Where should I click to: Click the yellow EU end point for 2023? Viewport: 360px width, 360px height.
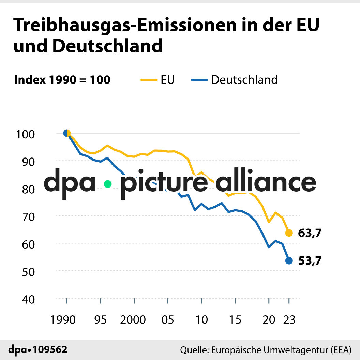coord(289,233)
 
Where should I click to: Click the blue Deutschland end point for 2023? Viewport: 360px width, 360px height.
coord(289,261)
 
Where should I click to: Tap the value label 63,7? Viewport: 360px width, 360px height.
coord(310,233)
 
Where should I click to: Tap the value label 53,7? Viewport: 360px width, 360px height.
coord(310,261)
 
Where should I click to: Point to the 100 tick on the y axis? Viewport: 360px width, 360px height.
coord(25,134)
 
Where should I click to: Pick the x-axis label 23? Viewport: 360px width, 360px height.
coord(289,320)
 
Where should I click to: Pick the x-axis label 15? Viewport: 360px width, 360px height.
coord(235,320)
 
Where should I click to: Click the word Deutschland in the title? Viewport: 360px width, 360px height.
coord(107,46)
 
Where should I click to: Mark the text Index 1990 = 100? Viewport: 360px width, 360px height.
coord(62,80)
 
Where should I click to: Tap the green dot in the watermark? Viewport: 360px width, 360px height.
coord(108,184)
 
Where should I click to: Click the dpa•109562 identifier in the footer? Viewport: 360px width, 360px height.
coord(37,349)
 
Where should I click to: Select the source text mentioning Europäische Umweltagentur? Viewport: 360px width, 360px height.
coord(266,350)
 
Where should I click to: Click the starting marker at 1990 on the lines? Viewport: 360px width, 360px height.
coord(67,133)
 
